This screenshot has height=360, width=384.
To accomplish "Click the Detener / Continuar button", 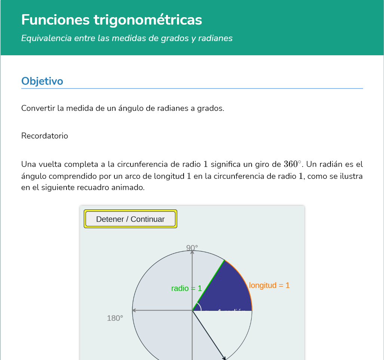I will pyautogui.click(x=130, y=219).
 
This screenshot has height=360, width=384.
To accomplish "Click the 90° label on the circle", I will pyautogui.click(x=192, y=248).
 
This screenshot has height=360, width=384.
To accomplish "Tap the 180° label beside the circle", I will pyautogui.click(x=115, y=318).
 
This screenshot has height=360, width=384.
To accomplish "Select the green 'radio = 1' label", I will pyautogui.click(x=186, y=288).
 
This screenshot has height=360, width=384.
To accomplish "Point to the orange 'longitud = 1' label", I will pyautogui.click(x=269, y=285).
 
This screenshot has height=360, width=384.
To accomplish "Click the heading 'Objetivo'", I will pyautogui.click(x=42, y=81).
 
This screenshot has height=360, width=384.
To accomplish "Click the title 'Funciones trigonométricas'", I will pyautogui.click(x=112, y=19).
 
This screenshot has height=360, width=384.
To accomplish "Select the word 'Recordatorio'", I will pyautogui.click(x=44, y=136).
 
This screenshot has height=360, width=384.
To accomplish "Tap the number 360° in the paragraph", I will pyautogui.click(x=292, y=164).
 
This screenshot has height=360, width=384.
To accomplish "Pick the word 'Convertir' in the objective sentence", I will pyautogui.click(x=38, y=108).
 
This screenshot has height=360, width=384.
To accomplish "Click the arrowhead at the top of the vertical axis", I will pyautogui.click(x=192, y=252).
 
